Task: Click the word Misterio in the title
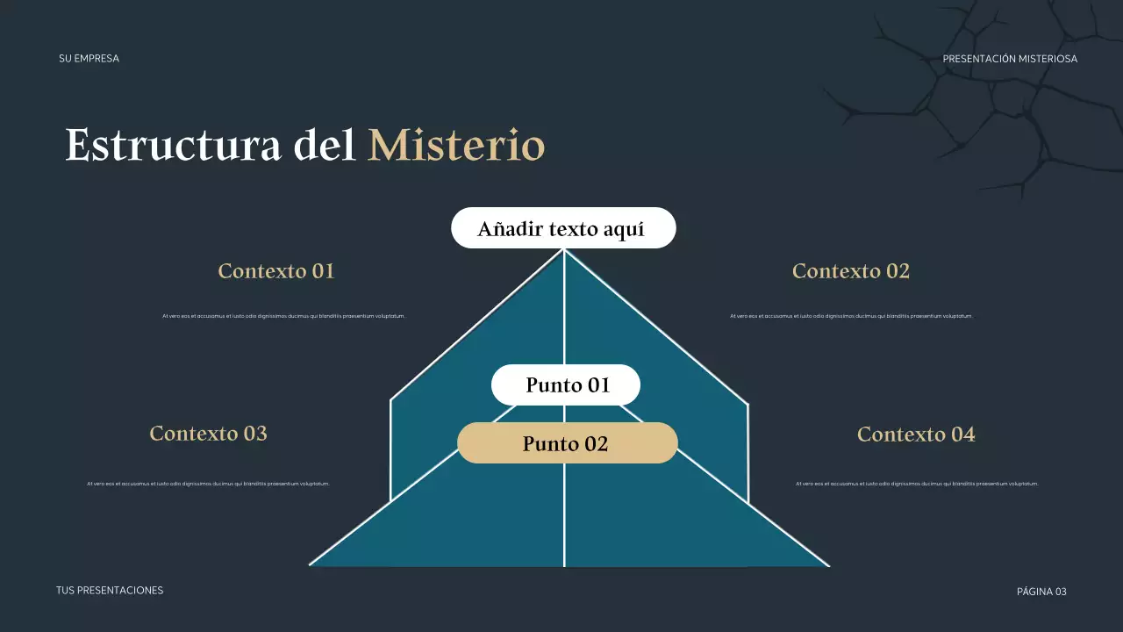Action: (456, 146)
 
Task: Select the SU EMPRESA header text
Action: (89, 59)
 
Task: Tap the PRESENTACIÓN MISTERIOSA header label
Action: (1010, 59)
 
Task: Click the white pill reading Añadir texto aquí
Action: (562, 229)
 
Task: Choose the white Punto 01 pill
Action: (566, 384)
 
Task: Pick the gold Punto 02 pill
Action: (567, 443)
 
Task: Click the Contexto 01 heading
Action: (276, 271)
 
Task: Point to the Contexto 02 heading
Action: (850, 271)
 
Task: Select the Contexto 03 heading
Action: (208, 434)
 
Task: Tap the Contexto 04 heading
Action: (916, 434)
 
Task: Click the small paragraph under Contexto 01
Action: (283, 316)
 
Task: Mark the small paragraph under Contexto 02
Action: (851, 316)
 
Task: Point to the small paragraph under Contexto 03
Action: (208, 484)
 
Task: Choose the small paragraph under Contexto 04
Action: (917, 484)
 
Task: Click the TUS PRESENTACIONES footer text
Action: (110, 591)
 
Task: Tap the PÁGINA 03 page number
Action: (1041, 592)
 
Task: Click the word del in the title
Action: (325, 146)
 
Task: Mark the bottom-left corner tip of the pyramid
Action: (311, 564)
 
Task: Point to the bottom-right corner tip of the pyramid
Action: (828, 565)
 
